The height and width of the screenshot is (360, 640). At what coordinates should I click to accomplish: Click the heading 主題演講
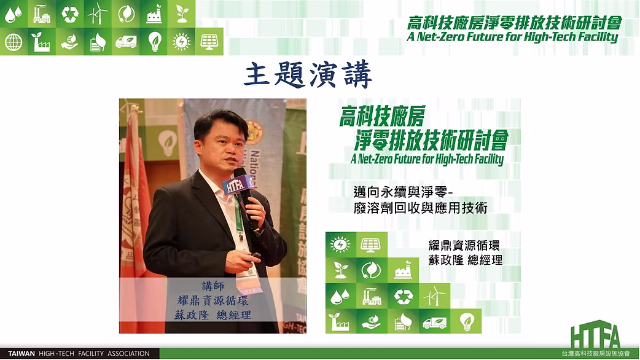pyautogui.click(x=308, y=75)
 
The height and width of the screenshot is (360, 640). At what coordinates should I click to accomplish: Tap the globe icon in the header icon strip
pyautogui.click(x=14, y=42)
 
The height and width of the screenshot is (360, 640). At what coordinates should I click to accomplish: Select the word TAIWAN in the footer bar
pyautogui.click(x=21, y=353)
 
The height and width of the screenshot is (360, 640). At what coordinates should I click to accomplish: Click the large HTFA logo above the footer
pyautogui.click(x=596, y=335)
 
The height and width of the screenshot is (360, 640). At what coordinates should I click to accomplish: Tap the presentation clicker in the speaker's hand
pyautogui.click(x=256, y=256)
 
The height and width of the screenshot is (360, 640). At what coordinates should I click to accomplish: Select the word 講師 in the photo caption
pyautogui.click(x=213, y=285)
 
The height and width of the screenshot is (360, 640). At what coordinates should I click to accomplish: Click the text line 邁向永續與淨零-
pyautogui.click(x=404, y=192)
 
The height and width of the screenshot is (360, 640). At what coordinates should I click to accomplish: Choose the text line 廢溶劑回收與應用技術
pyautogui.click(x=420, y=208)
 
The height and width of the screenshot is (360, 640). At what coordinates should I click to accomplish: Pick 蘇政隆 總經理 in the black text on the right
pyautogui.click(x=466, y=260)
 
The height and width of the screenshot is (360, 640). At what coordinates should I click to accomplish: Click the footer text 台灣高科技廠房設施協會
pyautogui.click(x=596, y=353)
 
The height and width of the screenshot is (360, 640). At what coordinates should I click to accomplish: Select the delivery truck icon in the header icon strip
pyautogui.click(x=126, y=42)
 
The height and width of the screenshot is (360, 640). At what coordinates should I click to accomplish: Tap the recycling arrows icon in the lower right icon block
pyautogui.click(x=404, y=297)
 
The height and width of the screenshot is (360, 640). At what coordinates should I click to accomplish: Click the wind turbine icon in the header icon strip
pyautogui.click(x=98, y=14)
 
